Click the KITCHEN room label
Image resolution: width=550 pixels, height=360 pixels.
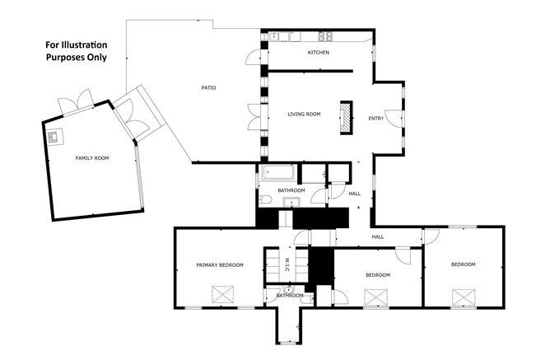(x=319, y=52)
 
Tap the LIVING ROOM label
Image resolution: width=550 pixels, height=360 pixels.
(x=304, y=114)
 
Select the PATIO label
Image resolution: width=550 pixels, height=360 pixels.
(x=208, y=87)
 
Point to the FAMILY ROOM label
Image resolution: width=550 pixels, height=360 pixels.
(x=92, y=158)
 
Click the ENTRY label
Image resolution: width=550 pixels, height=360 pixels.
(x=376, y=119)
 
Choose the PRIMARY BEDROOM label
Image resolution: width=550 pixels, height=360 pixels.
(x=220, y=265)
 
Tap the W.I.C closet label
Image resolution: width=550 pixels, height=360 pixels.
(x=287, y=265)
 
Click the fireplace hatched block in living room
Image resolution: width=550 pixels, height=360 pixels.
(x=346, y=118)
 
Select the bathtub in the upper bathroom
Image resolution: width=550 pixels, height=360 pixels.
(x=278, y=172)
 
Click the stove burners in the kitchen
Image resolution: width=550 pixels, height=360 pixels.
(x=325, y=35)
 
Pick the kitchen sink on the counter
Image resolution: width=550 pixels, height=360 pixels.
(x=273, y=36)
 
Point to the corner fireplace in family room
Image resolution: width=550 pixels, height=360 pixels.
(x=55, y=137)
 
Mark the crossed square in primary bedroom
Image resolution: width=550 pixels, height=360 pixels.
(x=223, y=294)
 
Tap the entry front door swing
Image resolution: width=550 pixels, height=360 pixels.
(x=394, y=119)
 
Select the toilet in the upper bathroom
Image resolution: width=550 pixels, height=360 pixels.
(x=265, y=200)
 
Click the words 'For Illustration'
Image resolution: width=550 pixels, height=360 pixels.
(x=76, y=45)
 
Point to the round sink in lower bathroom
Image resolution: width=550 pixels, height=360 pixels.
(x=289, y=290)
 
